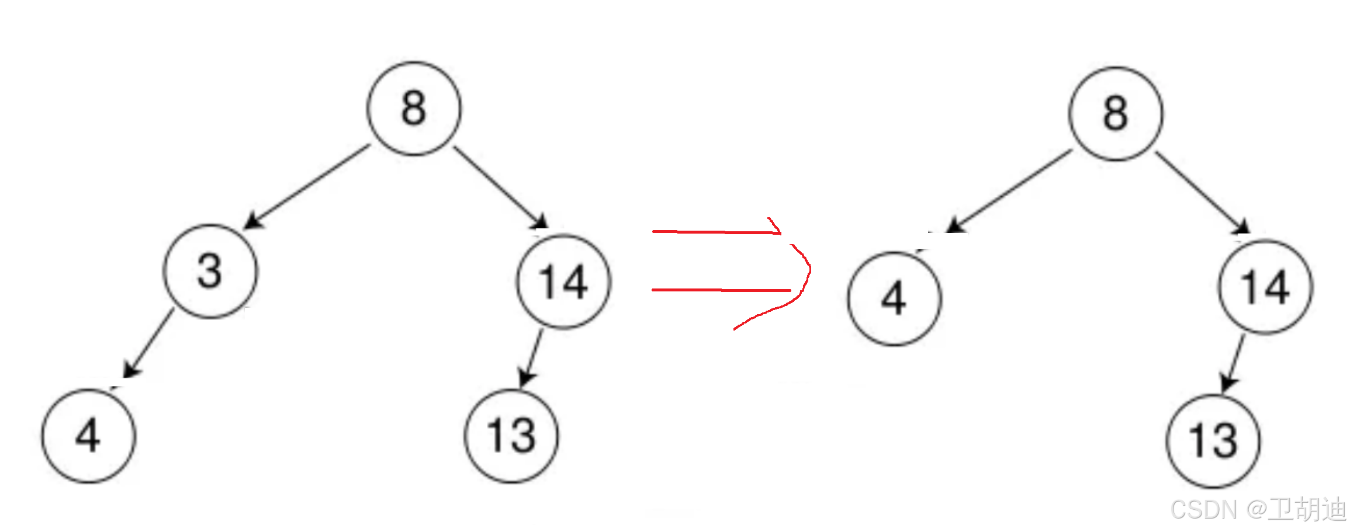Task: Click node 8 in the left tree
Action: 414,109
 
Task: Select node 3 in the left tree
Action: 210,272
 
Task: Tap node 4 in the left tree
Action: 88,436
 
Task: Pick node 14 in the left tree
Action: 564,282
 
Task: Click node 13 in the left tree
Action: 511,436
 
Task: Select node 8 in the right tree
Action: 1116,113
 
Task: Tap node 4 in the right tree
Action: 894,299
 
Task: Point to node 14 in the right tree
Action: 1266,287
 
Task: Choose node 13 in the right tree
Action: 1213,441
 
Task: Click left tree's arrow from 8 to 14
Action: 500,187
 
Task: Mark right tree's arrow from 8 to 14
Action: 1202,193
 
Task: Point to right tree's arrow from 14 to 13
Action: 1233,362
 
